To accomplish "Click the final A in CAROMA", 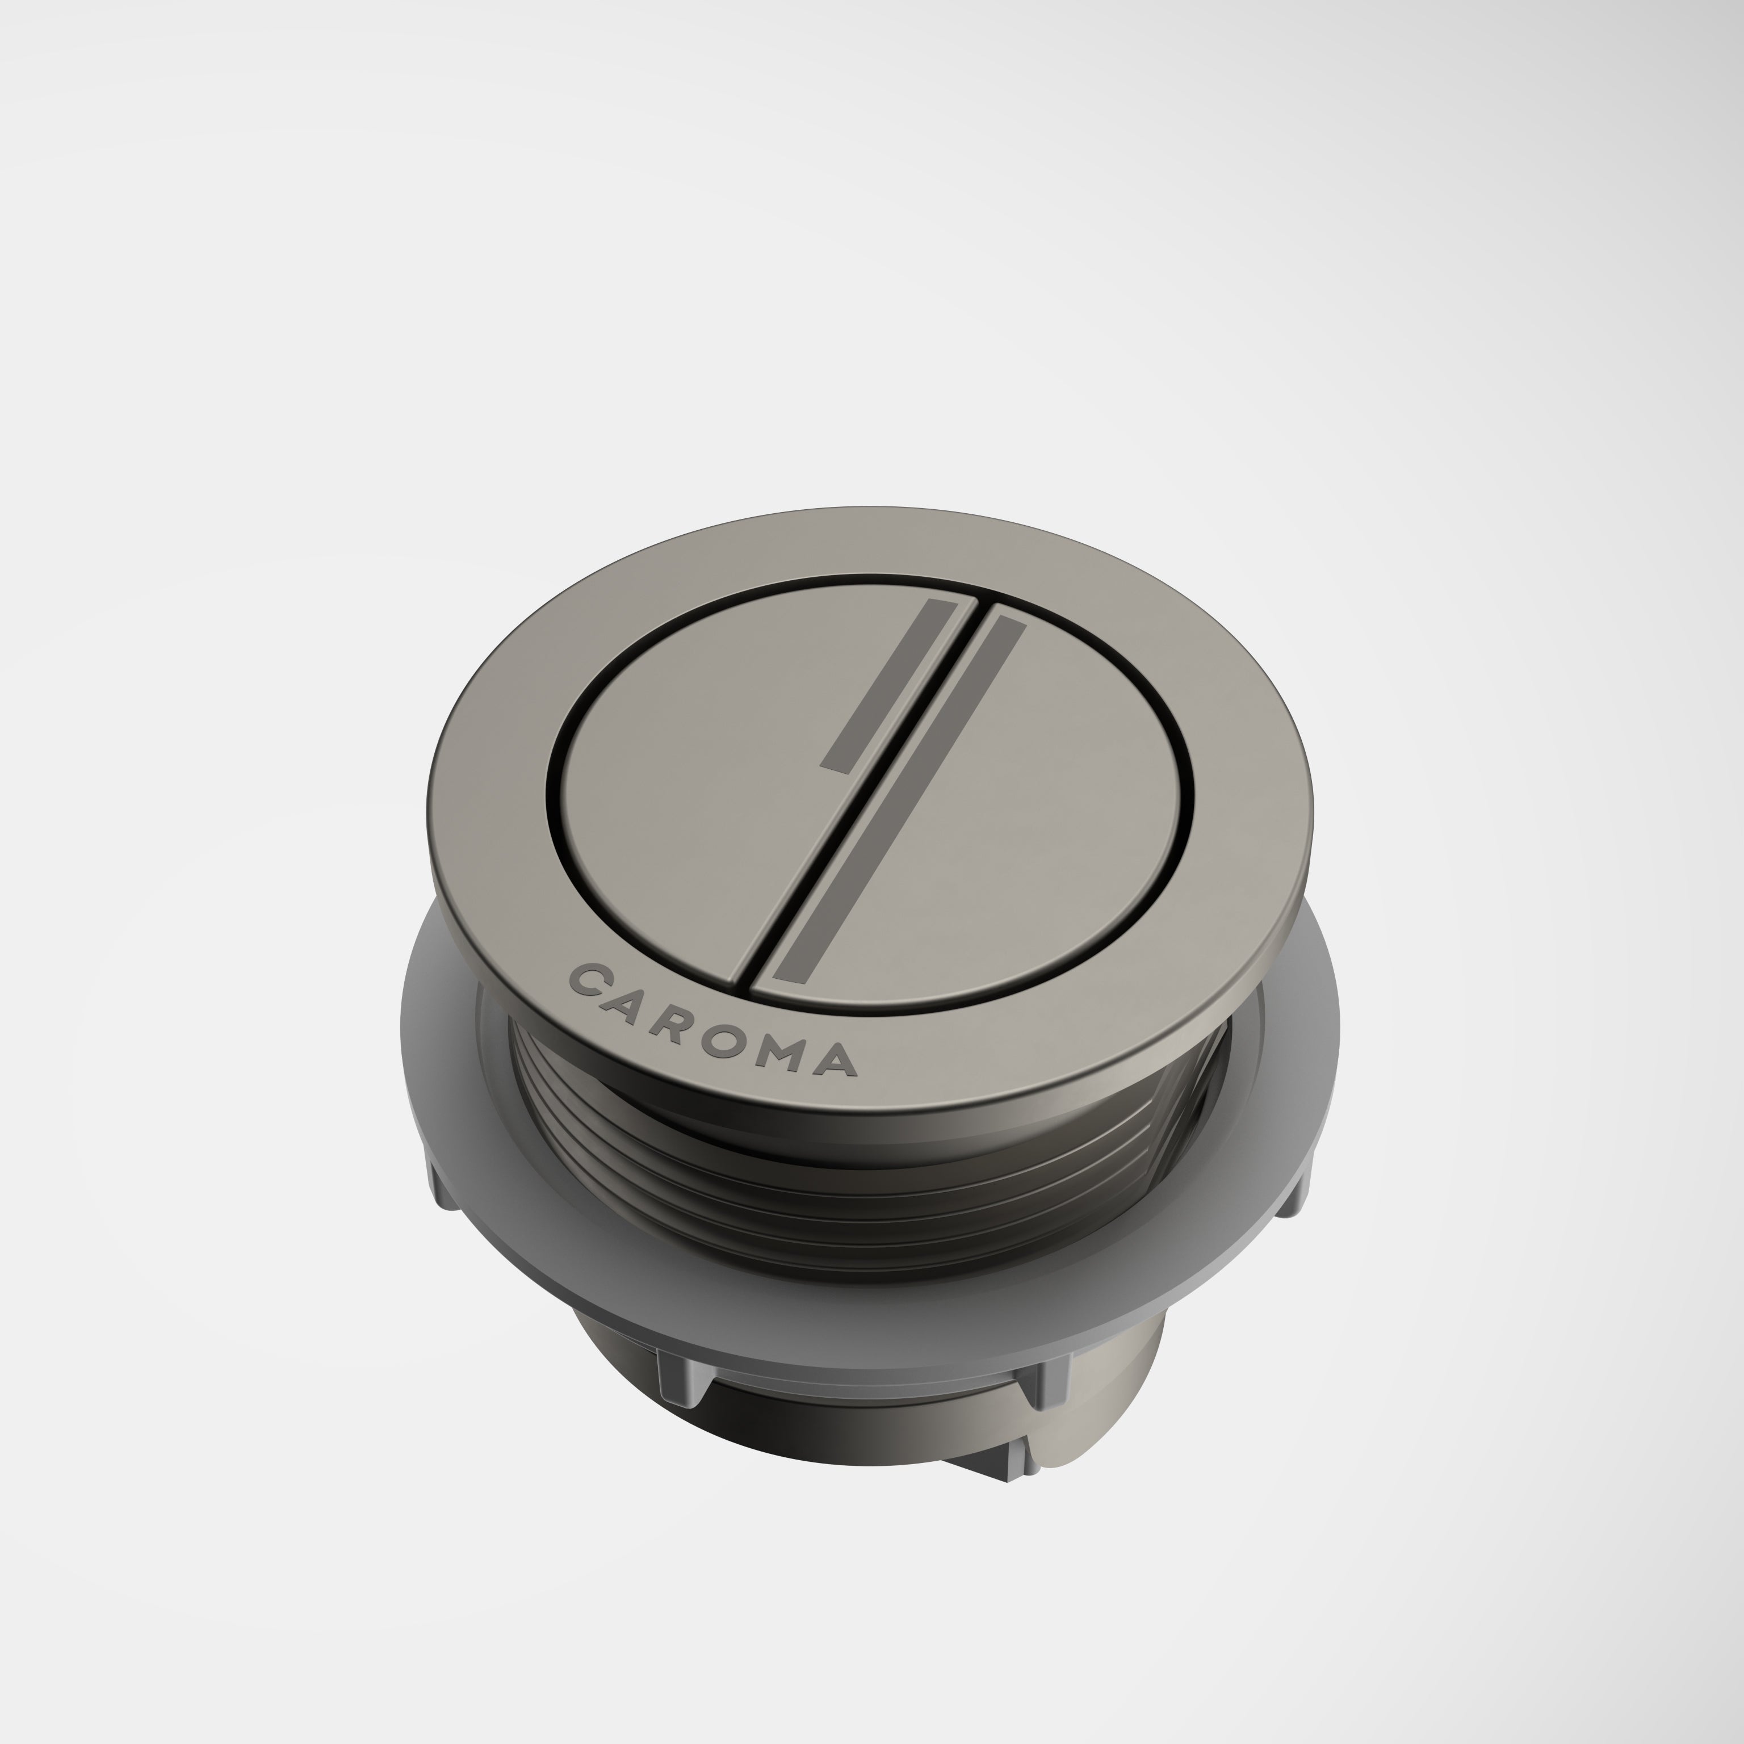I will [835, 1063].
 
